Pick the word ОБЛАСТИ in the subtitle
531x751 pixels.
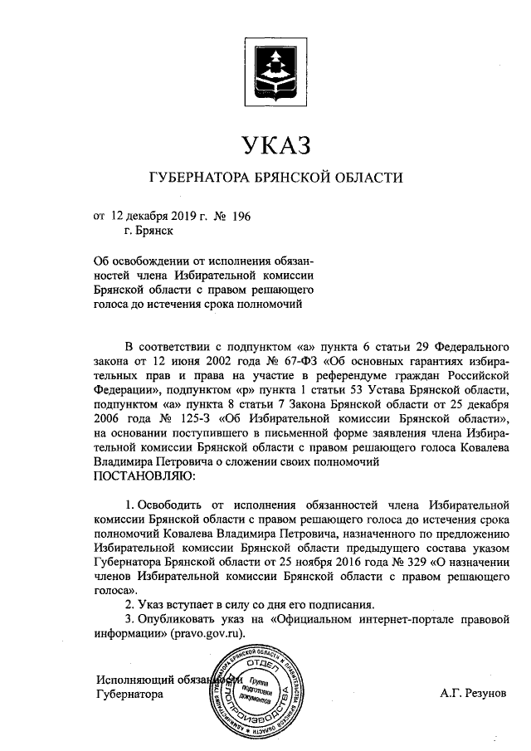367,178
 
